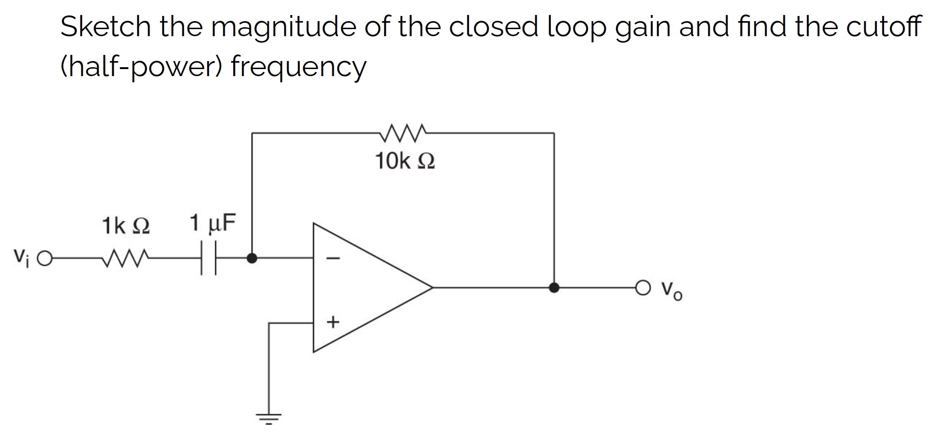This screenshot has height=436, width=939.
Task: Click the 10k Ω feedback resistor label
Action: [405, 162]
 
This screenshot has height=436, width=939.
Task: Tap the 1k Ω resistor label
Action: [126, 226]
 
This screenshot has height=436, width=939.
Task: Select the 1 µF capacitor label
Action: [212, 223]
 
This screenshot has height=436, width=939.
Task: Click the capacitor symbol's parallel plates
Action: [209, 258]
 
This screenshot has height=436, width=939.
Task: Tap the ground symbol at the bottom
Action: [269, 418]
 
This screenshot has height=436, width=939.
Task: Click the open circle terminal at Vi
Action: [45, 258]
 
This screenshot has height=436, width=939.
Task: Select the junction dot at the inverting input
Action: [252, 258]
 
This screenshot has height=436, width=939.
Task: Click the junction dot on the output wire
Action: [554, 287]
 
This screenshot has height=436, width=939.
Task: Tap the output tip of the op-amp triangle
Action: [431, 287]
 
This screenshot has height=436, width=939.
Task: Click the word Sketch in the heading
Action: [105, 27]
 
